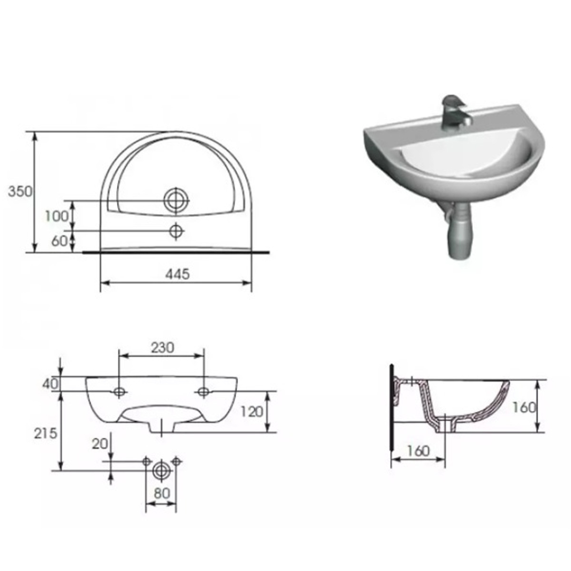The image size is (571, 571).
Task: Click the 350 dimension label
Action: pos(20,192)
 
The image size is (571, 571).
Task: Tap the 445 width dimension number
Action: pos(177,274)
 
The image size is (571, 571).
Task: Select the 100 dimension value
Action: pos(57,217)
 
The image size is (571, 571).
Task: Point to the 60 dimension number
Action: pos(59,241)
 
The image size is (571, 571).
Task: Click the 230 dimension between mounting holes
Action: pos(163,348)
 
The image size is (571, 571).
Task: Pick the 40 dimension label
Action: pos(50,384)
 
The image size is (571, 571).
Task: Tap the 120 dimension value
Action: pos(252,412)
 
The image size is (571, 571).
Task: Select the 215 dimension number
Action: pos(45,434)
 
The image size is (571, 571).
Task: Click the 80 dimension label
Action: pos(162,493)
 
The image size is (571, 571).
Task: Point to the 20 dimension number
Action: pos(99,444)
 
